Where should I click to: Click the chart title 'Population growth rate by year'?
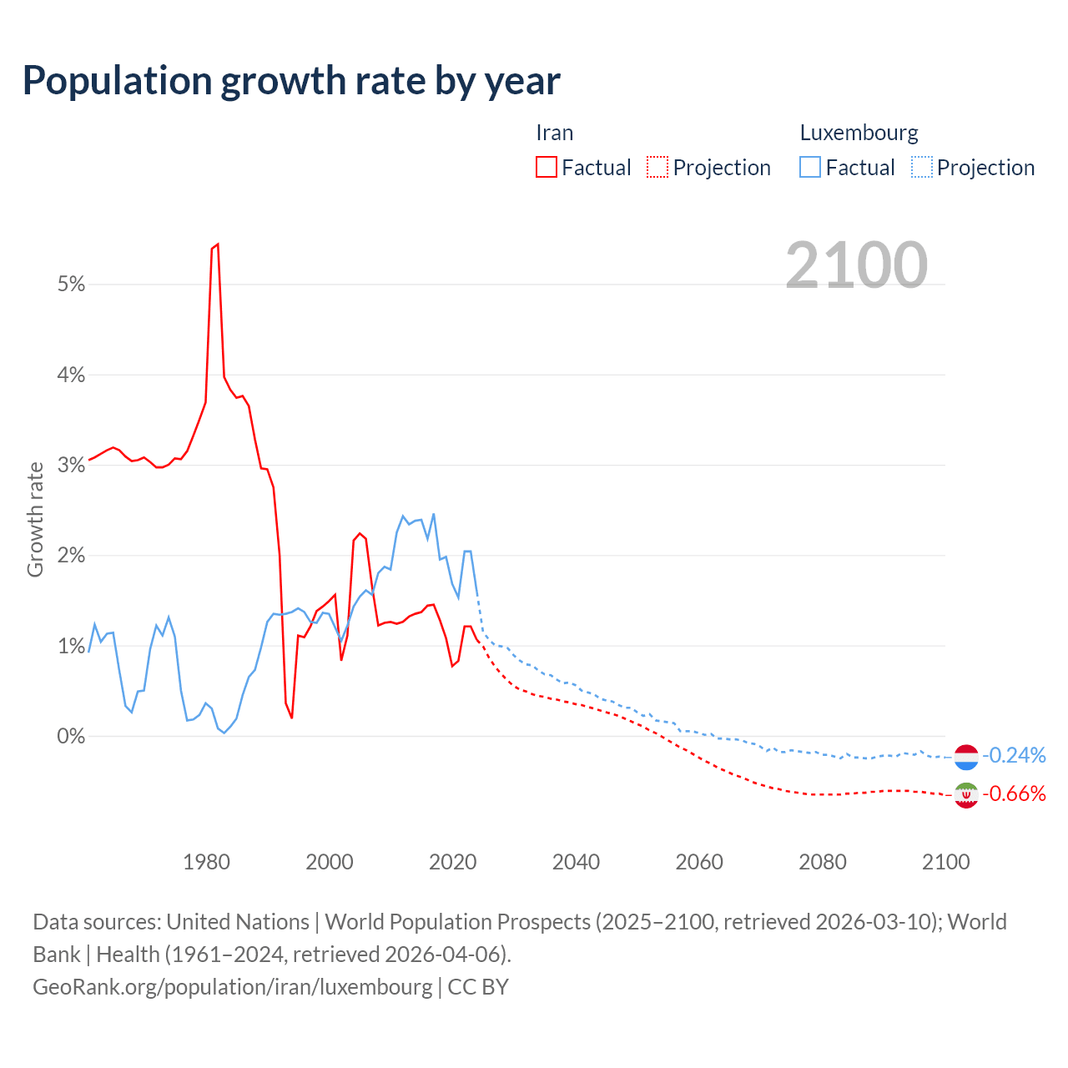(291, 81)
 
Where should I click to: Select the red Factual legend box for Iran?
(547, 168)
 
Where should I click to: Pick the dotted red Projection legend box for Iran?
(657, 168)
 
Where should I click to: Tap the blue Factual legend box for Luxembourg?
(810, 168)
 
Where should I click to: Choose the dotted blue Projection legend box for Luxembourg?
(922, 168)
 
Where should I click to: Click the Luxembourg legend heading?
(859, 133)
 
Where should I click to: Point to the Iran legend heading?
(554, 133)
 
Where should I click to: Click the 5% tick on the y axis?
(72, 285)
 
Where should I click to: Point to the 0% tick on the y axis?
(72, 736)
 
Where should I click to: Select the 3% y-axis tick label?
(72, 466)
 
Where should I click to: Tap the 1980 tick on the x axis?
(206, 862)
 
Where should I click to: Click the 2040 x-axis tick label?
(576, 862)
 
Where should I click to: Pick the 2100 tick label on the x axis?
(945, 862)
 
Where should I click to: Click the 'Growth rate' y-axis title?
(35, 519)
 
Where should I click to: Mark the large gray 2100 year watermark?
(856, 265)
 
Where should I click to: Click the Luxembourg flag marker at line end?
(966, 757)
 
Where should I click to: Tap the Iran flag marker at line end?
(966, 795)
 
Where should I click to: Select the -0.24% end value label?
(1014, 756)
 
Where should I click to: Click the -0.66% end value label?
(1014, 794)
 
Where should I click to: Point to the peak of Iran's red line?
(217, 244)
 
